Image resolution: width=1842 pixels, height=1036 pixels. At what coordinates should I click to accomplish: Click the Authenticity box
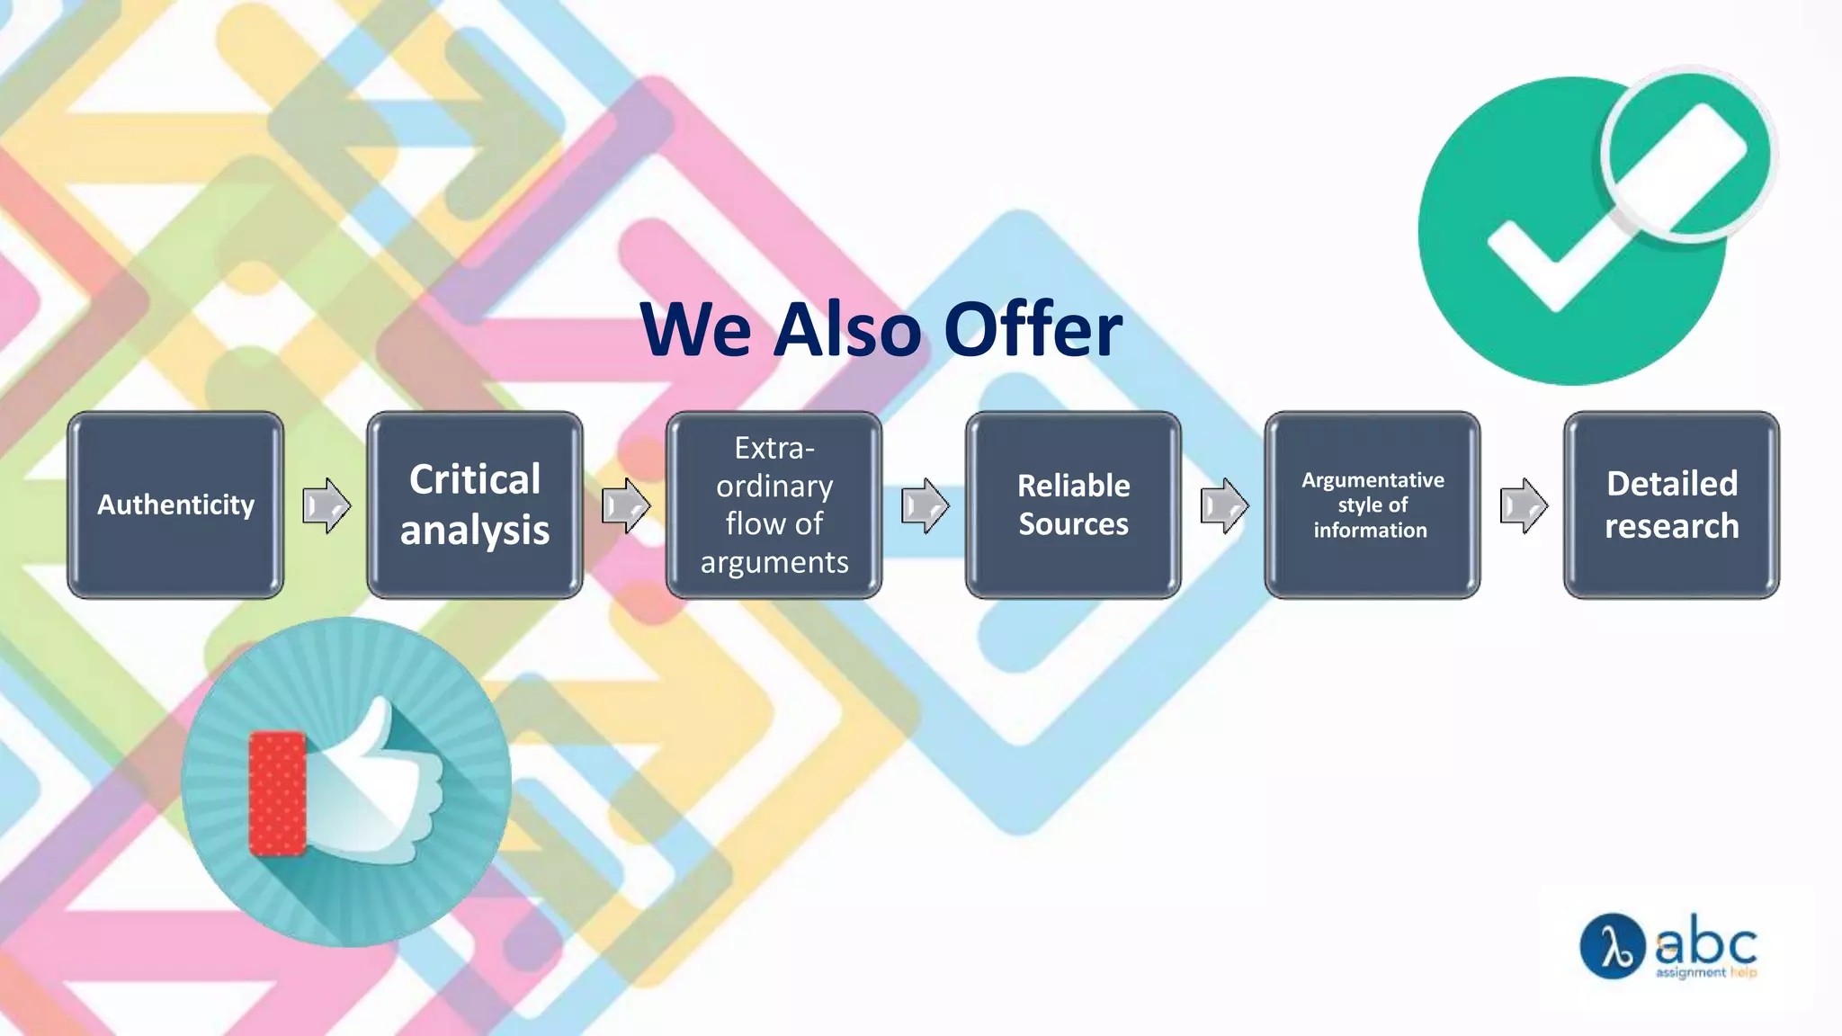click(x=175, y=505)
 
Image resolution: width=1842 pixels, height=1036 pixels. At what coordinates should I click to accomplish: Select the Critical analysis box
click(x=475, y=505)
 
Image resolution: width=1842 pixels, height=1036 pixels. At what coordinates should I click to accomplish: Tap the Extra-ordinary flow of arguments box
click(x=773, y=505)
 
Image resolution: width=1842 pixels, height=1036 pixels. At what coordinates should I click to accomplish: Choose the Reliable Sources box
click(x=1073, y=505)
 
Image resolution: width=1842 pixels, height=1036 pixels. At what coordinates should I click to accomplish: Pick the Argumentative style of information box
click(x=1373, y=505)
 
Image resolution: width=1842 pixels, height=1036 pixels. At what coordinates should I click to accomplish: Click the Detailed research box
click(x=1671, y=505)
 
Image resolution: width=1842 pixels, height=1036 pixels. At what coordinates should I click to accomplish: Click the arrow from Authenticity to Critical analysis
click(x=326, y=505)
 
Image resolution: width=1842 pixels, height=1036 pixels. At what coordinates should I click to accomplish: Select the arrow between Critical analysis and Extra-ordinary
click(x=625, y=505)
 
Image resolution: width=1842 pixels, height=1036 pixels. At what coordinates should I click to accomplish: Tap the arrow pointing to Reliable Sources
click(x=925, y=505)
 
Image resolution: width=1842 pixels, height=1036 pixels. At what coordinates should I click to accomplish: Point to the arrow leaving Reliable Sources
click(x=1224, y=505)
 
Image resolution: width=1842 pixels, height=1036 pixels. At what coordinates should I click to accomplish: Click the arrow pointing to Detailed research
click(x=1524, y=505)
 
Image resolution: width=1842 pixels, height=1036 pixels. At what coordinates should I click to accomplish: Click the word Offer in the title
click(x=1033, y=329)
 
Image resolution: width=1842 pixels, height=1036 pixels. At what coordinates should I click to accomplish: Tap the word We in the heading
click(x=695, y=329)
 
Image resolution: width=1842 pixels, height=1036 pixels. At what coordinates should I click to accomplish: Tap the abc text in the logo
click(x=1706, y=942)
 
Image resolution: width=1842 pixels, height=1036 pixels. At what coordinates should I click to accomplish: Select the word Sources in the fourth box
click(x=1073, y=524)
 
